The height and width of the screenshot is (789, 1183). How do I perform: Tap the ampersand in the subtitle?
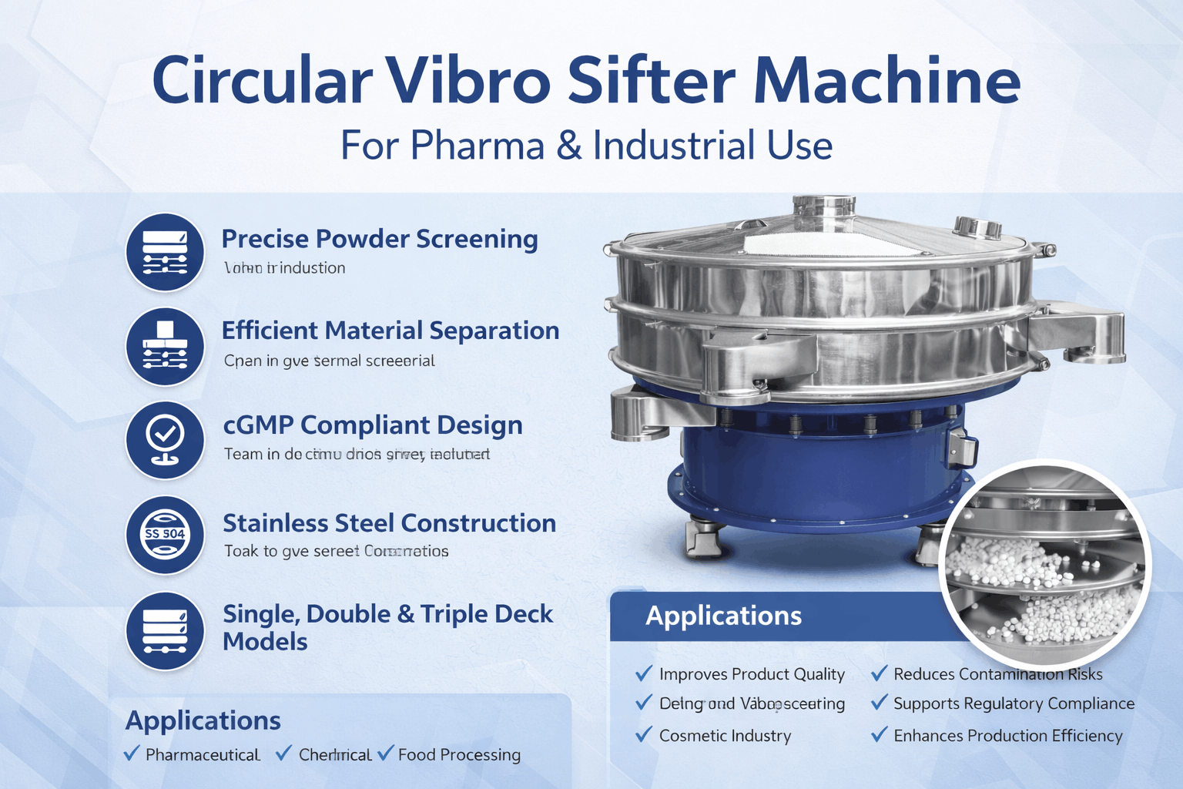(x=568, y=146)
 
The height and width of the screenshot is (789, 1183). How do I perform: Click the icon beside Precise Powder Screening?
(x=165, y=252)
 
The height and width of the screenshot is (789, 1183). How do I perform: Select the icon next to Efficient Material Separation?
(x=165, y=347)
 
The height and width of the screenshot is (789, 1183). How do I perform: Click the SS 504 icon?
(x=165, y=534)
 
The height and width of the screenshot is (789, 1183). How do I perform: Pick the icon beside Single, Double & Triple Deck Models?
(x=165, y=630)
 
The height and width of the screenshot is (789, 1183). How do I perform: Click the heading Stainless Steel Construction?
(x=389, y=523)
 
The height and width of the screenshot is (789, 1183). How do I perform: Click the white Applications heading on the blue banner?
(x=723, y=616)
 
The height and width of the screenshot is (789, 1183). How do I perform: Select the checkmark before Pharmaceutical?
(x=132, y=754)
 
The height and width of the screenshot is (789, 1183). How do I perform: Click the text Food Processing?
(x=459, y=755)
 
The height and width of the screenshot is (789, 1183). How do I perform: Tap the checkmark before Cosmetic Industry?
(x=644, y=735)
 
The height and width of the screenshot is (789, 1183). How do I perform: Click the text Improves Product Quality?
(x=752, y=674)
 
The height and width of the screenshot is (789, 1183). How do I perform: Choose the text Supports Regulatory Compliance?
(x=1014, y=703)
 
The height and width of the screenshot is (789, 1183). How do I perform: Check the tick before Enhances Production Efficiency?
(x=879, y=735)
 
